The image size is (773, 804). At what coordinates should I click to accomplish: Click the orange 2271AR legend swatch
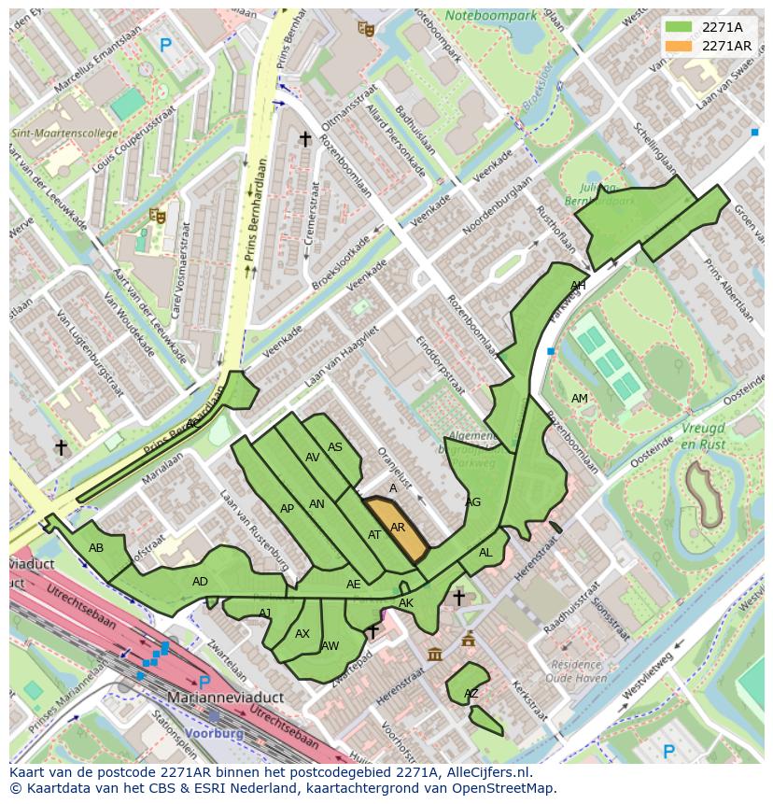click(x=679, y=46)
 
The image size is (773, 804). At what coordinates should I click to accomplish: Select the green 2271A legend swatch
click(x=679, y=27)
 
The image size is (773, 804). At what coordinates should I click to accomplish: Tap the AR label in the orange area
click(x=398, y=528)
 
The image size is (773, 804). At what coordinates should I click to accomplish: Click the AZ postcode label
click(x=471, y=694)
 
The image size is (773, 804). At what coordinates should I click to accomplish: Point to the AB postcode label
click(x=96, y=548)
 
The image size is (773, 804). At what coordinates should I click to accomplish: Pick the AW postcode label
click(x=330, y=645)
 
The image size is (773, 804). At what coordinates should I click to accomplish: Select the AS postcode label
click(x=335, y=447)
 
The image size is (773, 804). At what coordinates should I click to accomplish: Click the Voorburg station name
click(x=214, y=734)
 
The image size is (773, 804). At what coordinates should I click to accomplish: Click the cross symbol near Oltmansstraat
click(x=304, y=139)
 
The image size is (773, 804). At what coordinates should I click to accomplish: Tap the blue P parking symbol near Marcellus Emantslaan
click(x=166, y=44)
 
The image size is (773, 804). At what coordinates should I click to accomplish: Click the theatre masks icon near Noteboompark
click(x=366, y=29)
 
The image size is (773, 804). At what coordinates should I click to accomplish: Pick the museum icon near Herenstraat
click(x=435, y=655)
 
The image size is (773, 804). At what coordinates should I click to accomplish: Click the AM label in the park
click(x=580, y=399)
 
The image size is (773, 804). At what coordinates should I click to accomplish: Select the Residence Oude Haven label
click(x=577, y=672)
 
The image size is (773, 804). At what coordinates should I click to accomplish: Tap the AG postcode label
click(x=472, y=502)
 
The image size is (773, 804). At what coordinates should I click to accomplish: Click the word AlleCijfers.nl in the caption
click(x=485, y=772)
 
